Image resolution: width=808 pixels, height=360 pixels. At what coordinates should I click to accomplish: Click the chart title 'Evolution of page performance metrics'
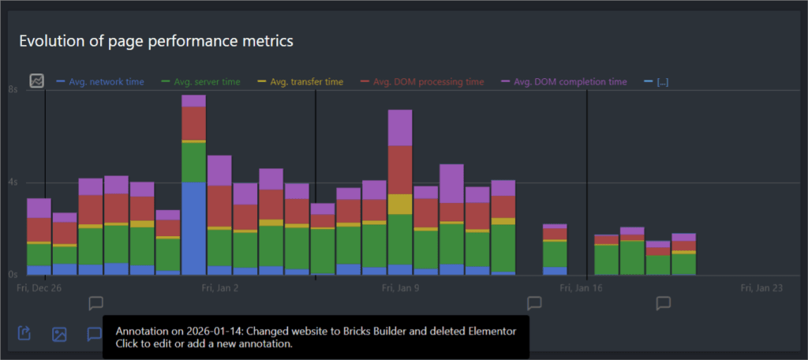point(156,41)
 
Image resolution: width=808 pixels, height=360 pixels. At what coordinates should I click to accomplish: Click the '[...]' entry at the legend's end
point(662,81)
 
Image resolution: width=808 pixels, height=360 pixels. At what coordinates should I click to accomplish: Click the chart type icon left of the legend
point(37,81)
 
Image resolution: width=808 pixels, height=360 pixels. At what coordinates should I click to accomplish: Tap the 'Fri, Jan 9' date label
point(400,289)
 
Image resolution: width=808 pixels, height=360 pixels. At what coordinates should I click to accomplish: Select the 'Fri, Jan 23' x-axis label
point(761,289)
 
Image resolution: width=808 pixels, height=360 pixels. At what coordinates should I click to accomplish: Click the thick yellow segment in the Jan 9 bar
point(400,204)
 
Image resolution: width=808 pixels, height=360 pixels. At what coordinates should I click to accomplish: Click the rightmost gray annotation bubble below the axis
point(664,303)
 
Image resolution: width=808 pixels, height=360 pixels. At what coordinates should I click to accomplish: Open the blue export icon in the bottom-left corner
point(24,334)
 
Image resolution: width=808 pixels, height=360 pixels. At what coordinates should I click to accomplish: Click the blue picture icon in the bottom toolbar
point(59,334)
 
